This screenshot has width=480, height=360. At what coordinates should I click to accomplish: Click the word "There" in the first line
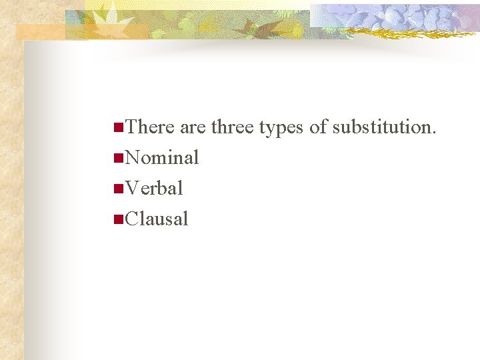coord(149,127)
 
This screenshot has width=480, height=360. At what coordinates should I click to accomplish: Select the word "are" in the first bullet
coord(193,127)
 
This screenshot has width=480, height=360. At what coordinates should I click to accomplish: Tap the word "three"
coord(233,127)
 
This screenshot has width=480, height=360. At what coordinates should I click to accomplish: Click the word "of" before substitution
coord(319,127)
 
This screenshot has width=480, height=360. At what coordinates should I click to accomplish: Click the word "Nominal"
coord(162,158)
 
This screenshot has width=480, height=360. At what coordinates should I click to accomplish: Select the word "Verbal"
coord(154,189)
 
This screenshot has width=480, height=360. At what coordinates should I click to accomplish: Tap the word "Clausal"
coord(157,219)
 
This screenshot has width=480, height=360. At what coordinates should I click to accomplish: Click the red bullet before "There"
coord(118,126)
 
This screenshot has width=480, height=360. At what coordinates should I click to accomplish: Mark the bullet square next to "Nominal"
coord(118,157)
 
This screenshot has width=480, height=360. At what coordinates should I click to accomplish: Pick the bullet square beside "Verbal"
coord(118,188)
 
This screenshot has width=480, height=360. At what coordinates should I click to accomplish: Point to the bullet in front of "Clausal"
coord(118,218)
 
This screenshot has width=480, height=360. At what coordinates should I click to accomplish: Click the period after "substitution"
coord(434,132)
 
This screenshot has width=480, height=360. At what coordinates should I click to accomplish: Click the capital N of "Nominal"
coord(132,158)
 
